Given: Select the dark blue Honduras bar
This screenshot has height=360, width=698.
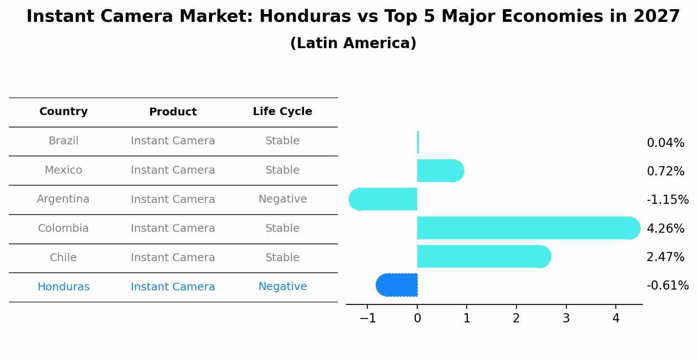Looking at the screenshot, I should tap(398, 285).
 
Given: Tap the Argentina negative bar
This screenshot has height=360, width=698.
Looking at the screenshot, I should tap(385, 199).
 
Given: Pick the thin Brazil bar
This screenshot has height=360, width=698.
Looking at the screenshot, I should tap(418, 142).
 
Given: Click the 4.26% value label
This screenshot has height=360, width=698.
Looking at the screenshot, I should tap(665, 228).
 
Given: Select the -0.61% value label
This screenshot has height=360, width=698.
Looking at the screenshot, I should tap(667, 286).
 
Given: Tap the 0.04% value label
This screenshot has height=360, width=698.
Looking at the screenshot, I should tap(665, 143).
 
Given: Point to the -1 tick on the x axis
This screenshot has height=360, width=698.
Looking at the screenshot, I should tap(367, 318).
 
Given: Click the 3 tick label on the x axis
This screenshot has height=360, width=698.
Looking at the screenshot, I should tap(566, 318).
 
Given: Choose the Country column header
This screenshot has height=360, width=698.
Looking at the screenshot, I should tap(63, 112).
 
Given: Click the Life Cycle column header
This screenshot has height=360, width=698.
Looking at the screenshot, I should tap(282, 112).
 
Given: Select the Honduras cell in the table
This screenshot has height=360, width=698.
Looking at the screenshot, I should tap(63, 287).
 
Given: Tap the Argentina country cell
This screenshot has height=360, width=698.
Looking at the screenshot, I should tap(63, 199).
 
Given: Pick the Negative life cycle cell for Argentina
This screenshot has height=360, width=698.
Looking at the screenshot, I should tap(283, 199).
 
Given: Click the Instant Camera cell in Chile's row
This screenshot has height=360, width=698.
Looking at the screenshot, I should tap(173, 258).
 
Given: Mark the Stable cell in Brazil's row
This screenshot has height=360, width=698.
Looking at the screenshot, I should tap(282, 141).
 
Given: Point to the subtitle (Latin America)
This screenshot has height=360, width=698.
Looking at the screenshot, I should tap(353, 43).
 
